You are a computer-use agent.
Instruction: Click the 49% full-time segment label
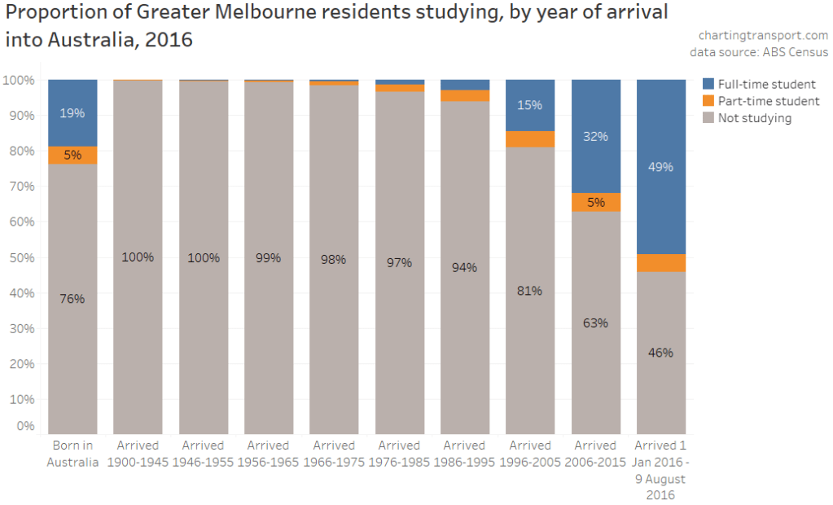(x=660, y=167)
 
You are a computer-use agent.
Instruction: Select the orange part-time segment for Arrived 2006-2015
(x=595, y=202)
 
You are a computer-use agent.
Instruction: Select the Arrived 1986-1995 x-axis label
(x=464, y=454)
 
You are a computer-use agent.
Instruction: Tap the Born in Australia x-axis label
(x=72, y=454)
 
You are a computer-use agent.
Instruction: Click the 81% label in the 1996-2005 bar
(x=529, y=290)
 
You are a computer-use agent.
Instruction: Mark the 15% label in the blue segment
(x=529, y=105)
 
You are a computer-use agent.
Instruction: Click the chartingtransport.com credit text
(x=763, y=35)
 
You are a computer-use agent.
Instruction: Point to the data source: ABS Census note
(x=759, y=52)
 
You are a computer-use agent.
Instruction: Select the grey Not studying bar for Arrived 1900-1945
(x=138, y=326)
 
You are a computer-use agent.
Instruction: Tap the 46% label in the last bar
(x=660, y=353)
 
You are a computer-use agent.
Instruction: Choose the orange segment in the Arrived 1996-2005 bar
(x=529, y=139)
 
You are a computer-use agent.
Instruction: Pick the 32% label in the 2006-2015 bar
(x=595, y=137)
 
